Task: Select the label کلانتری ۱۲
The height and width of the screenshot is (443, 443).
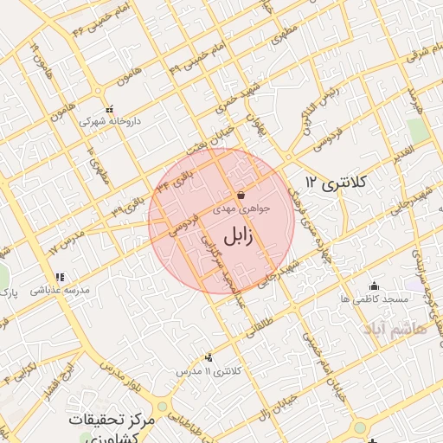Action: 337,183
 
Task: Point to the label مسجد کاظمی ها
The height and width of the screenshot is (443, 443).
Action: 374,299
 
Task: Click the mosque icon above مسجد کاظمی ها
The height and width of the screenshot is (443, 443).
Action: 374,286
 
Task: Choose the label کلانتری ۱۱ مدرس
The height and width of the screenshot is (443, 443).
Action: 210,370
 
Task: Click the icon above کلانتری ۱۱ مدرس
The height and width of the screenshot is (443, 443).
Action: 208,356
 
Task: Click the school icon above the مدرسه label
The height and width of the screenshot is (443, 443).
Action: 60,278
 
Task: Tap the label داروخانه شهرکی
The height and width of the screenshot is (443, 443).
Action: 109,122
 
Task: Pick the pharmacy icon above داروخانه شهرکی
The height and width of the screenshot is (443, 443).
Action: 108,110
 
